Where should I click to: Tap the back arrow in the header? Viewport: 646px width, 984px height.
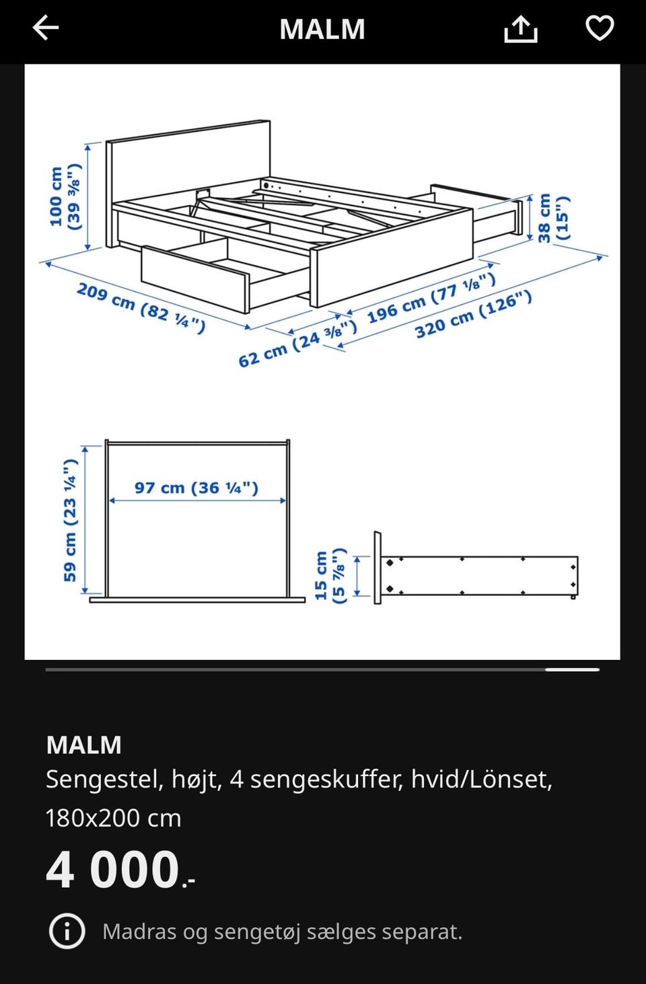[46, 28]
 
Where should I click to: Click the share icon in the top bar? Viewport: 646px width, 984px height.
[521, 29]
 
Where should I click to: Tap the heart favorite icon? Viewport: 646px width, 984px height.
[600, 28]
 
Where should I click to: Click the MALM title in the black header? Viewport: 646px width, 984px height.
[322, 30]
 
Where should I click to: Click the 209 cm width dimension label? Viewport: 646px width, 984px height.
[141, 307]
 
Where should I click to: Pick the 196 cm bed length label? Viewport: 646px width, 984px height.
[431, 298]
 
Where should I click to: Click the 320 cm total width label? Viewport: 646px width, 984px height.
[474, 315]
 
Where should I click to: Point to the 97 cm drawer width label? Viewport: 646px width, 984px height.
[196, 488]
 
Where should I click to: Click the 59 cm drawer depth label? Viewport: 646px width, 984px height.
[70, 521]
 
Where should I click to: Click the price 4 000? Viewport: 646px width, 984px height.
[120, 870]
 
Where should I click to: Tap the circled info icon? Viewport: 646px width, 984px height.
[67, 931]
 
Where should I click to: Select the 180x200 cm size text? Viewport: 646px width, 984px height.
[113, 819]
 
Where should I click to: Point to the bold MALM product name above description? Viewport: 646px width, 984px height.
[83, 745]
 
